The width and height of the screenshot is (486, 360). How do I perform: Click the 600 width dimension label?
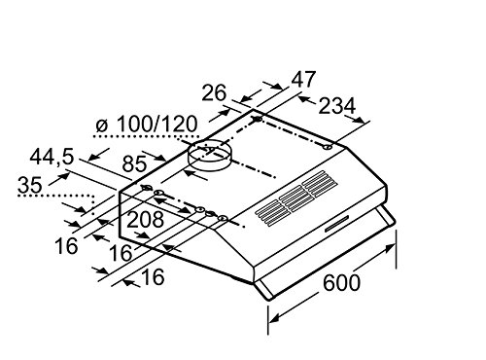tap(341, 282)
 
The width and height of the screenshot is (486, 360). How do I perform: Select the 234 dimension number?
tap(337, 106)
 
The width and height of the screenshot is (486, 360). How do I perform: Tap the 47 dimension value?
tap(303, 80)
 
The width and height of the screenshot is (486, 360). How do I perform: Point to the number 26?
tap(214, 93)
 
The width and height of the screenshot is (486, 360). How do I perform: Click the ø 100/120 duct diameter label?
tap(147, 124)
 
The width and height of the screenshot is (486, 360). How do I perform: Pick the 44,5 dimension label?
tap(52, 158)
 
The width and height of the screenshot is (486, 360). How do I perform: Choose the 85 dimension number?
tap(134, 164)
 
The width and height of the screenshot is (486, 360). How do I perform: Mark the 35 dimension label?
tap(30, 185)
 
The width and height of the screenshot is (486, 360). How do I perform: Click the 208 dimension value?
tap(145, 220)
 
